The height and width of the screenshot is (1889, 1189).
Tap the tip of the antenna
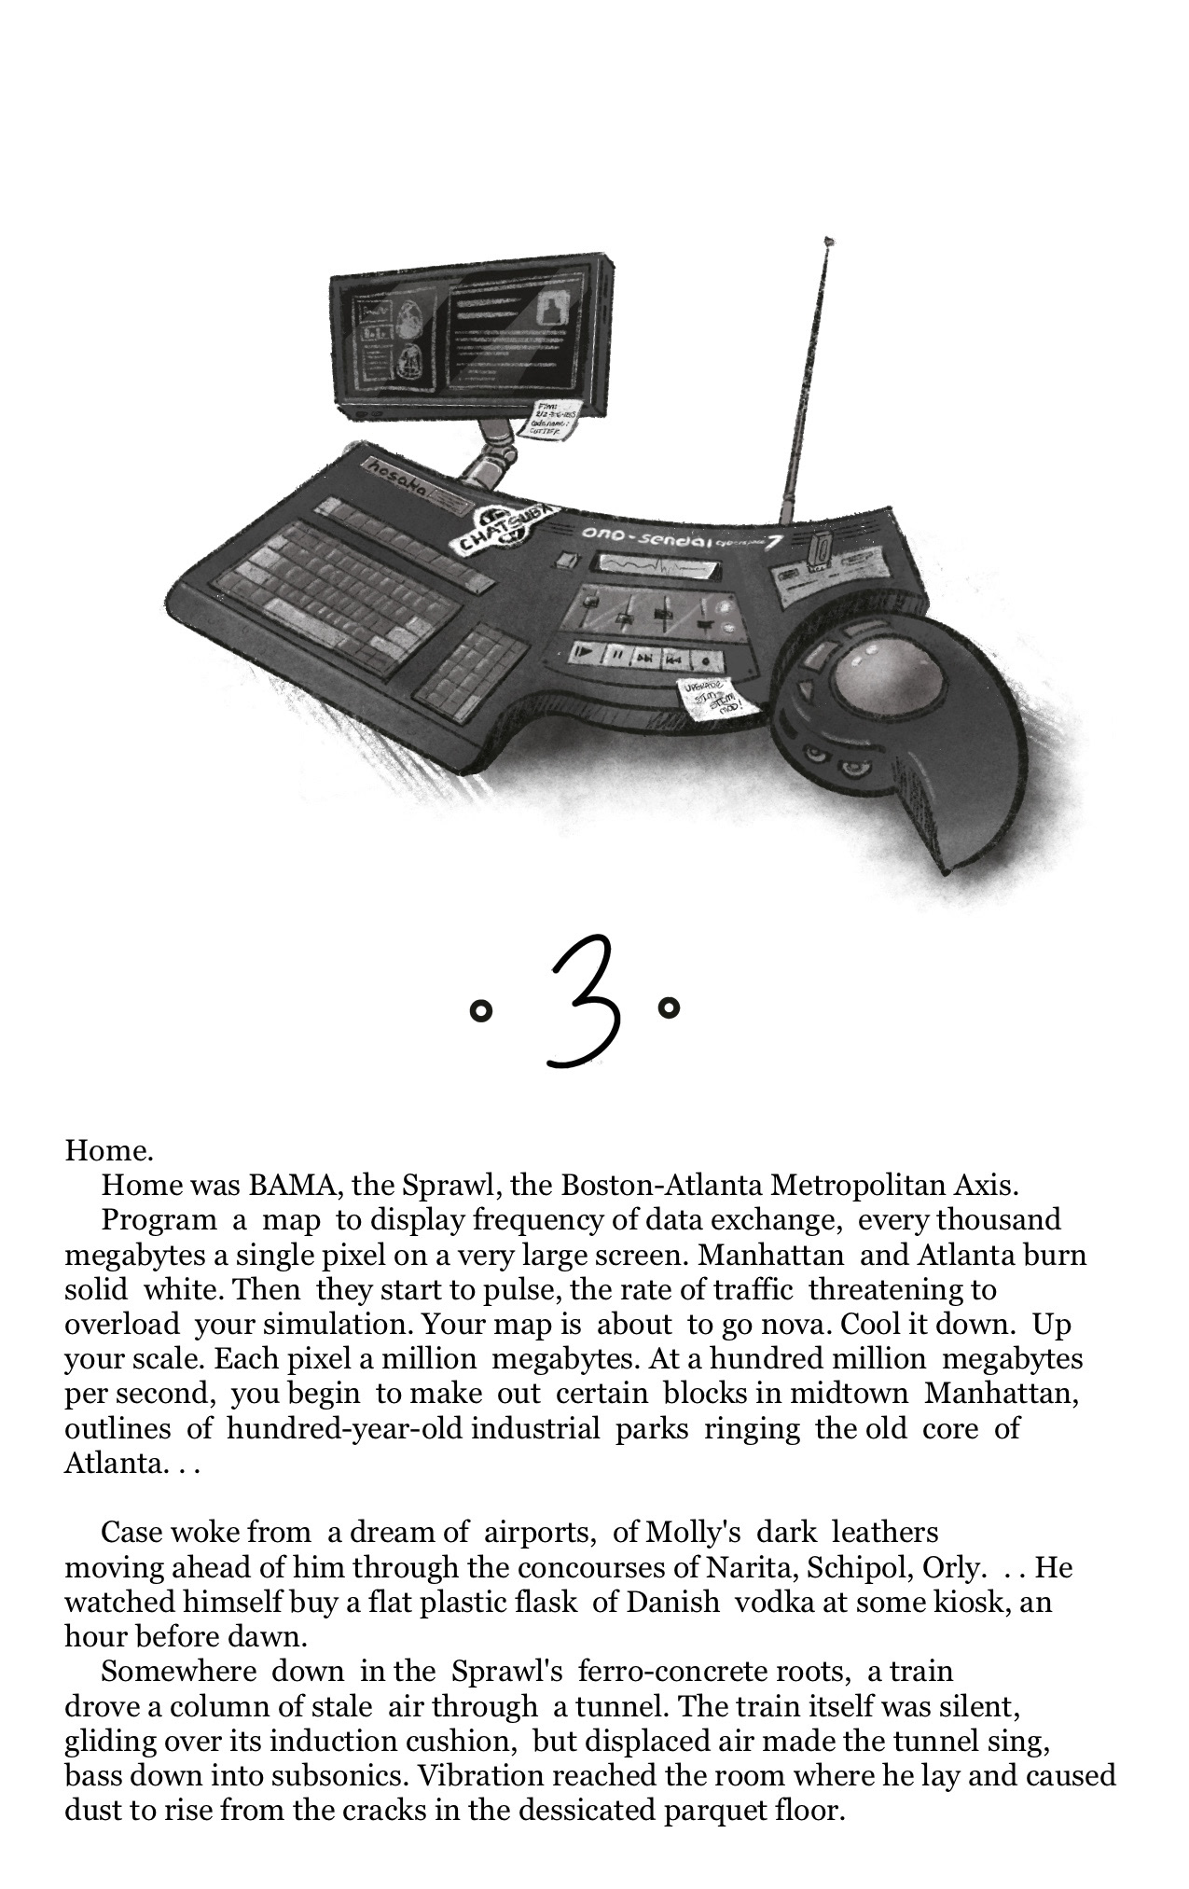tap(829, 243)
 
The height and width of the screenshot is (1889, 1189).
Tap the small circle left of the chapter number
tap(480, 1010)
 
